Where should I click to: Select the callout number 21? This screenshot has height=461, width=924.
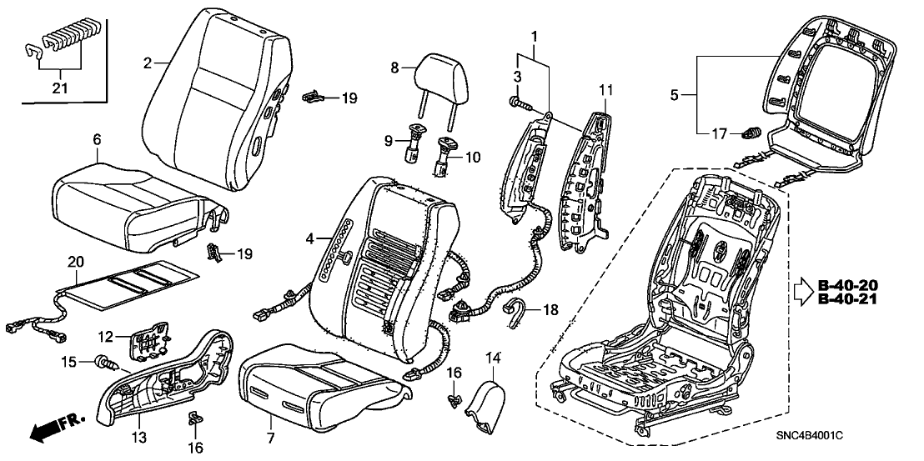(x=58, y=88)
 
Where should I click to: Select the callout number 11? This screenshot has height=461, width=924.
(x=605, y=88)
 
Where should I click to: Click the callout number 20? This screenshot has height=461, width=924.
(x=76, y=261)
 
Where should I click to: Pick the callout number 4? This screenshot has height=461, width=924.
(x=309, y=239)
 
